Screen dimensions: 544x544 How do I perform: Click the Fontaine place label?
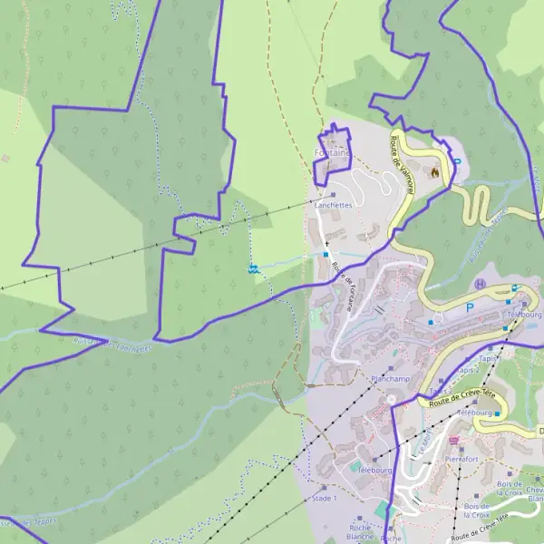click(332, 153)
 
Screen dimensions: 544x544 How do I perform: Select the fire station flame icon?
click(435, 172)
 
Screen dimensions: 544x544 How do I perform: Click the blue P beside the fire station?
click(457, 163)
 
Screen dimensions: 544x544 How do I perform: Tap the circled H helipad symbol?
click(480, 285)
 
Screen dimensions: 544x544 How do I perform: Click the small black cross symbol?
click(326, 244)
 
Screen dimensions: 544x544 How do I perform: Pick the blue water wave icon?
click(255, 268)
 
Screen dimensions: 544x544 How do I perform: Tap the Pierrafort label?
click(461, 459)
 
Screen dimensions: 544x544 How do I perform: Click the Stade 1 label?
click(324, 498)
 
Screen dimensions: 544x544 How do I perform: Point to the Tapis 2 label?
click(468, 370)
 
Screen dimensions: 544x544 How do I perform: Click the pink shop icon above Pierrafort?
click(454, 441)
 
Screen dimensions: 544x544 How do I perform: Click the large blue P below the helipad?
click(470, 308)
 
